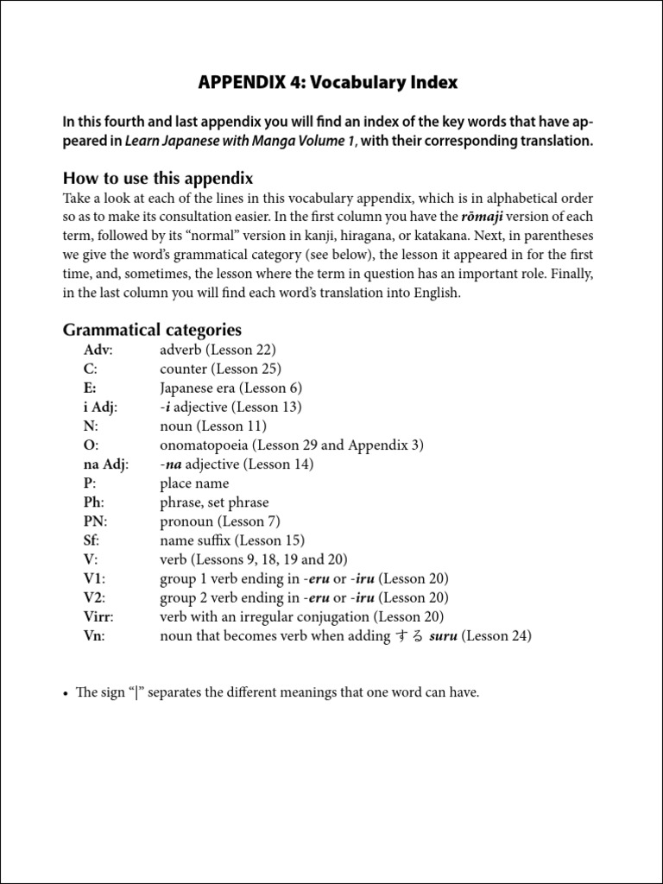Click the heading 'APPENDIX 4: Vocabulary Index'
[x=328, y=83]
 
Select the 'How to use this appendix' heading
[x=158, y=178]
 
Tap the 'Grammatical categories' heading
[x=152, y=330]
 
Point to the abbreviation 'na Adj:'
[x=106, y=464]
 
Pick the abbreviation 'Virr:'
[x=99, y=616]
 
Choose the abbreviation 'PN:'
[x=96, y=521]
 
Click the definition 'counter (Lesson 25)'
[x=220, y=369]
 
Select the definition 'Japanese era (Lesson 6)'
[x=230, y=388]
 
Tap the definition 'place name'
[x=194, y=483]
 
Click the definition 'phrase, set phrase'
[x=214, y=502]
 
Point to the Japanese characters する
[x=409, y=636]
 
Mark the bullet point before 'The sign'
[x=66, y=693]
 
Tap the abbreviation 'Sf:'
[x=92, y=540]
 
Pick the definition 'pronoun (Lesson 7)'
[x=220, y=521]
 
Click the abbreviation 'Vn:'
[x=95, y=636]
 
